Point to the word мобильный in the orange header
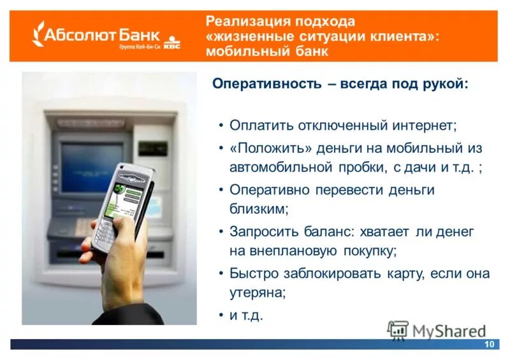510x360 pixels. click(x=249, y=52)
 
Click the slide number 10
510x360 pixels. click(x=490, y=344)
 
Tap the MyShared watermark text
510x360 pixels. click(x=449, y=331)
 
